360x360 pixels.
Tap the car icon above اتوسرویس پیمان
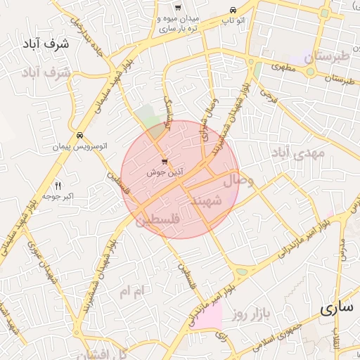pos(79,135)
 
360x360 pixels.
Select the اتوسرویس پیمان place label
pos(80,148)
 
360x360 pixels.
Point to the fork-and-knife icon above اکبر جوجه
pos(58,186)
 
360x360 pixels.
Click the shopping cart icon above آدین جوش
pos(165,160)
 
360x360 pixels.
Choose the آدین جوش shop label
pos(166,172)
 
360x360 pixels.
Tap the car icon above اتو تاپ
pos(233,10)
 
